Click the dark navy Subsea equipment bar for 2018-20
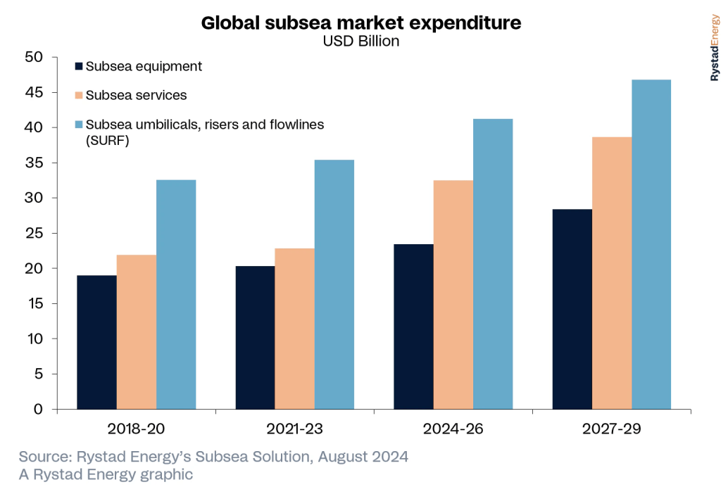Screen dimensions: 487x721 click(96, 342)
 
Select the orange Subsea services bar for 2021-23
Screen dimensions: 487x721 click(294, 329)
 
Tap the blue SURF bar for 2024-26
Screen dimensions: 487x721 click(493, 264)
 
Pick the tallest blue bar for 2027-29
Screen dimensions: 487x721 click(651, 244)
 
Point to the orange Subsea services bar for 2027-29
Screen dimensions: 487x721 click(612, 273)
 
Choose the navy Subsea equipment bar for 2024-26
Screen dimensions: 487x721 click(413, 327)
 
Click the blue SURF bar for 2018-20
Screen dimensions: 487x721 click(176, 294)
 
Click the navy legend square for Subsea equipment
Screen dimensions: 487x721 click(79, 67)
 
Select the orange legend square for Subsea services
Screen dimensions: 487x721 click(79, 95)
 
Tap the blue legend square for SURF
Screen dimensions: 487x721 click(79, 125)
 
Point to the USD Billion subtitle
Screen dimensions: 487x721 click(360, 41)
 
